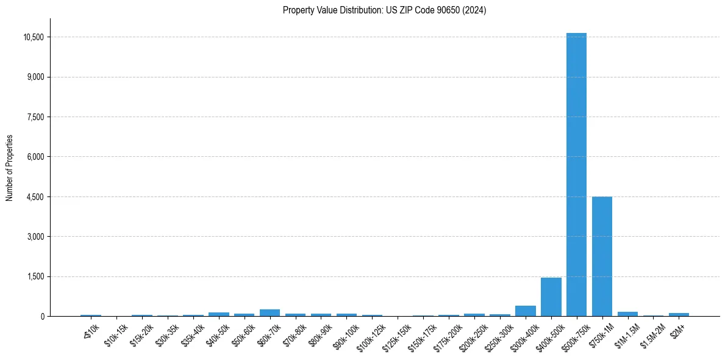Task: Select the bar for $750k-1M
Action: pos(602,256)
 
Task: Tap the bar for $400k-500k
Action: pos(551,297)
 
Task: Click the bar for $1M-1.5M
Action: pos(627,314)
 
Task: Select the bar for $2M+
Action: pos(679,315)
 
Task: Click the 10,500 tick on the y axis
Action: pos(34,37)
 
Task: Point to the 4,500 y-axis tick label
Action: pos(36,197)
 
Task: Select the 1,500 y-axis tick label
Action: pos(36,277)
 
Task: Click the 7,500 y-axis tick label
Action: pos(36,117)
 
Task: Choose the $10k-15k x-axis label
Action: pos(116,334)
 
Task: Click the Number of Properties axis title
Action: pos(10,168)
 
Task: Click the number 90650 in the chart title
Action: pos(442,10)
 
